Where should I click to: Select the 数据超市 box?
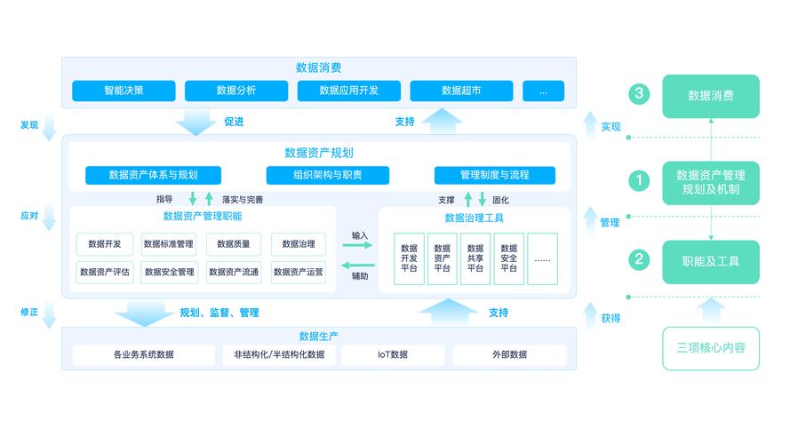click(x=461, y=91)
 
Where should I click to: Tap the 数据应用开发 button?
click(x=349, y=91)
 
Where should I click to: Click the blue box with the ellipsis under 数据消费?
click(x=543, y=91)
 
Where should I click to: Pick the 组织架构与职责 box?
click(x=328, y=175)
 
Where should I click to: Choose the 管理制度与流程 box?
click(x=495, y=175)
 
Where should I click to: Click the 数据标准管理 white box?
click(x=169, y=244)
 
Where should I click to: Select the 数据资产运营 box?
click(x=298, y=273)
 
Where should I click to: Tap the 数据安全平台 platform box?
click(x=508, y=258)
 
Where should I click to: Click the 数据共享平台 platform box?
click(x=475, y=258)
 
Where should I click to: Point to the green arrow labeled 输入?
click(x=358, y=246)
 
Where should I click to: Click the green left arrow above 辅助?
click(x=358, y=265)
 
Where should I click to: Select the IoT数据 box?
click(x=392, y=355)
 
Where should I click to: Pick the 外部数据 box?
click(x=509, y=355)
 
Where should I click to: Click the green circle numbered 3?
click(x=638, y=94)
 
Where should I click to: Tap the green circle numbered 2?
click(x=638, y=260)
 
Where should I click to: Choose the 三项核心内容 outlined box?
click(x=711, y=348)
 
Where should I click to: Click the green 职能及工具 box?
click(x=711, y=262)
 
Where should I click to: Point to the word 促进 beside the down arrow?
click(x=234, y=122)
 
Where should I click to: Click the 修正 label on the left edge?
click(x=29, y=312)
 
